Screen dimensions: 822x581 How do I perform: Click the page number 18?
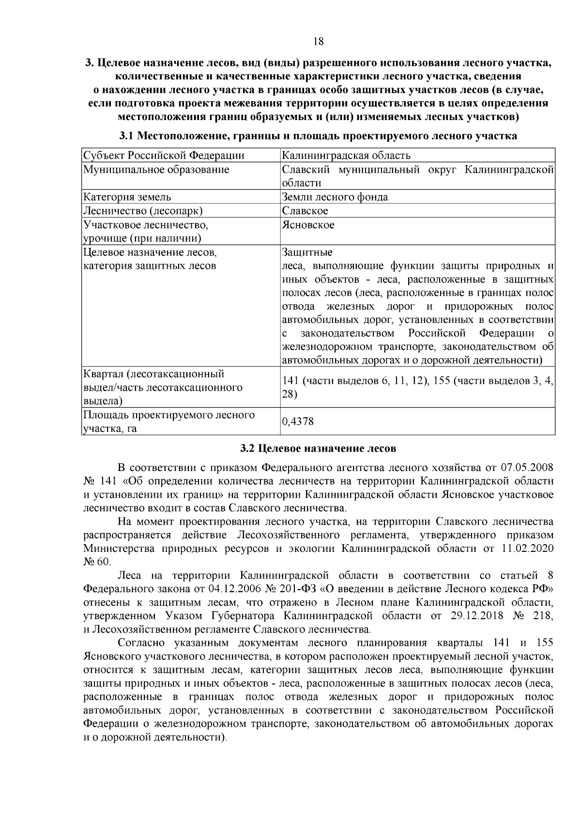pos(318,41)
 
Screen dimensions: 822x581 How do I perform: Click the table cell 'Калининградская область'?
pos(346,155)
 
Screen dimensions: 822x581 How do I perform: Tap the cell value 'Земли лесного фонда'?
pos(335,197)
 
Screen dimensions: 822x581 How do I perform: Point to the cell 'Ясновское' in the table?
pos(308,225)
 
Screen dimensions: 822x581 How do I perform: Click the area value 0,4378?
pos(298,422)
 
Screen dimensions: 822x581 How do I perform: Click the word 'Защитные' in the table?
pos(307,253)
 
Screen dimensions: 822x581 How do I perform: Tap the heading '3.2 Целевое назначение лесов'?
pos(318,448)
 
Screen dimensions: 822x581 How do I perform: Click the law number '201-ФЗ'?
pos(297,589)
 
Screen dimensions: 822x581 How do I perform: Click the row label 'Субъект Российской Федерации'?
pos(164,155)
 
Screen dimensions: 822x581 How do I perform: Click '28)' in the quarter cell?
pos(290,395)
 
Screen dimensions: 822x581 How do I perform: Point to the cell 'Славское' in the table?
pos(305,211)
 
